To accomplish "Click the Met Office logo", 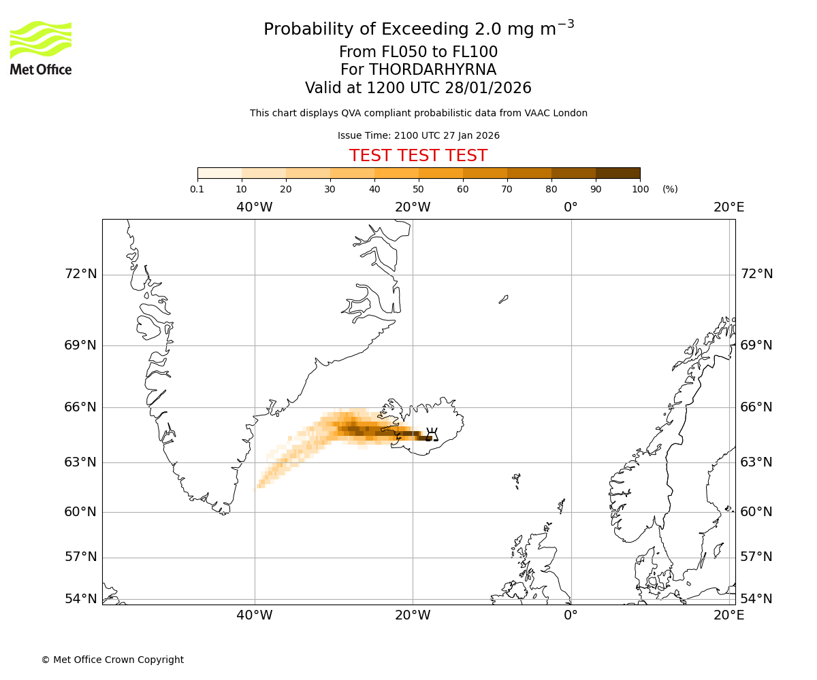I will click(41, 48).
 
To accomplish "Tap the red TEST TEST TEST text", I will click(418, 156).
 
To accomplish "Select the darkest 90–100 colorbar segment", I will click(618, 173).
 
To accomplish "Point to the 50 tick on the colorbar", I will click(418, 189).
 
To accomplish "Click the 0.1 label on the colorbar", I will click(197, 189).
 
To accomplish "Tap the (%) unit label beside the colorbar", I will click(670, 189).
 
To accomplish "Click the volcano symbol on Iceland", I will click(431, 435).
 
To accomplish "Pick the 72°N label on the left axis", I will click(80, 274).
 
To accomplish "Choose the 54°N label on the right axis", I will click(756, 599).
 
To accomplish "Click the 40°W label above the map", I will click(255, 207).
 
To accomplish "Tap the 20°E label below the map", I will click(728, 615).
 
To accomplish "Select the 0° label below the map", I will click(571, 615).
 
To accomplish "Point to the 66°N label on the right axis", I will click(756, 407).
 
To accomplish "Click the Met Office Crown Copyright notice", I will click(112, 660).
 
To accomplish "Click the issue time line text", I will click(418, 136).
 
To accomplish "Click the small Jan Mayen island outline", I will click(503, 299).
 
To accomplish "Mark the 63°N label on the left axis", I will click(80, 462).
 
